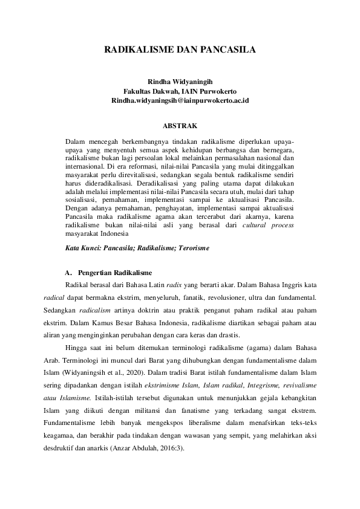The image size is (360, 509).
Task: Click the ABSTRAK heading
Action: click(180, 125)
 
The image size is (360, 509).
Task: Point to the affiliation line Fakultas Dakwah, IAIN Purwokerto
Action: click(180, 91)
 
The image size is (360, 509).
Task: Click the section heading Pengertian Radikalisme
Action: click(111, 273)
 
